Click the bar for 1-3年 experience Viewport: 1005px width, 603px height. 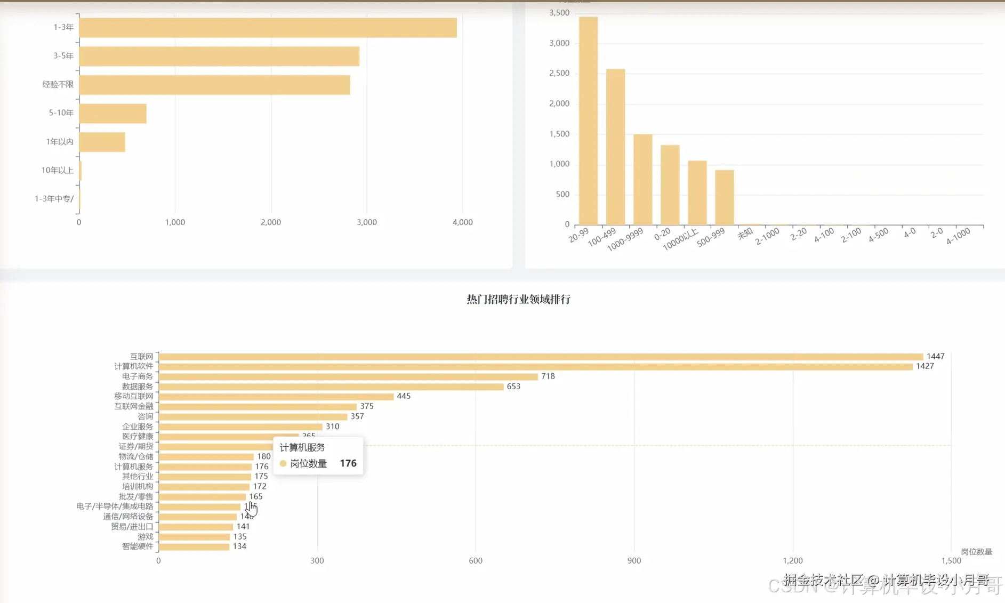268,28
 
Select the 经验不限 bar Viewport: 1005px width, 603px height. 214,85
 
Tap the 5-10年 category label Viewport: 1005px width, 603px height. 61,113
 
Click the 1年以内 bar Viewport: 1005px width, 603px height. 102,142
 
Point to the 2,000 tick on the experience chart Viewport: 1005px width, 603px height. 271,222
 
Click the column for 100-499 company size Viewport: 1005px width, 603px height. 615,147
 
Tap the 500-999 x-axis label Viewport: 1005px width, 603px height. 711,237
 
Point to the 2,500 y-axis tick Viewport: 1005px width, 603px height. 559,74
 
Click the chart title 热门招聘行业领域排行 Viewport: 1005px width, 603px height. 518,300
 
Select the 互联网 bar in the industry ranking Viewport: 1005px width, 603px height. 541,357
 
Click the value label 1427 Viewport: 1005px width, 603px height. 924,366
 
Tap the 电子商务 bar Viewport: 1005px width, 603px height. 348,376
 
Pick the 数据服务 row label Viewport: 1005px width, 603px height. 138,387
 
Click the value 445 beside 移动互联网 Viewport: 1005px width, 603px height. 404,396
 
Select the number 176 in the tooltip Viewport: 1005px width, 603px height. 348,463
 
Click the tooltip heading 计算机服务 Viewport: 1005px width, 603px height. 302,447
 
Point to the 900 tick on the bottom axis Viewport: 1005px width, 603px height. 634,561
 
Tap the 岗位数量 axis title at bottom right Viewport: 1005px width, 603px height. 976,552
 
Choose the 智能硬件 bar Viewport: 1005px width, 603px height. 194,546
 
